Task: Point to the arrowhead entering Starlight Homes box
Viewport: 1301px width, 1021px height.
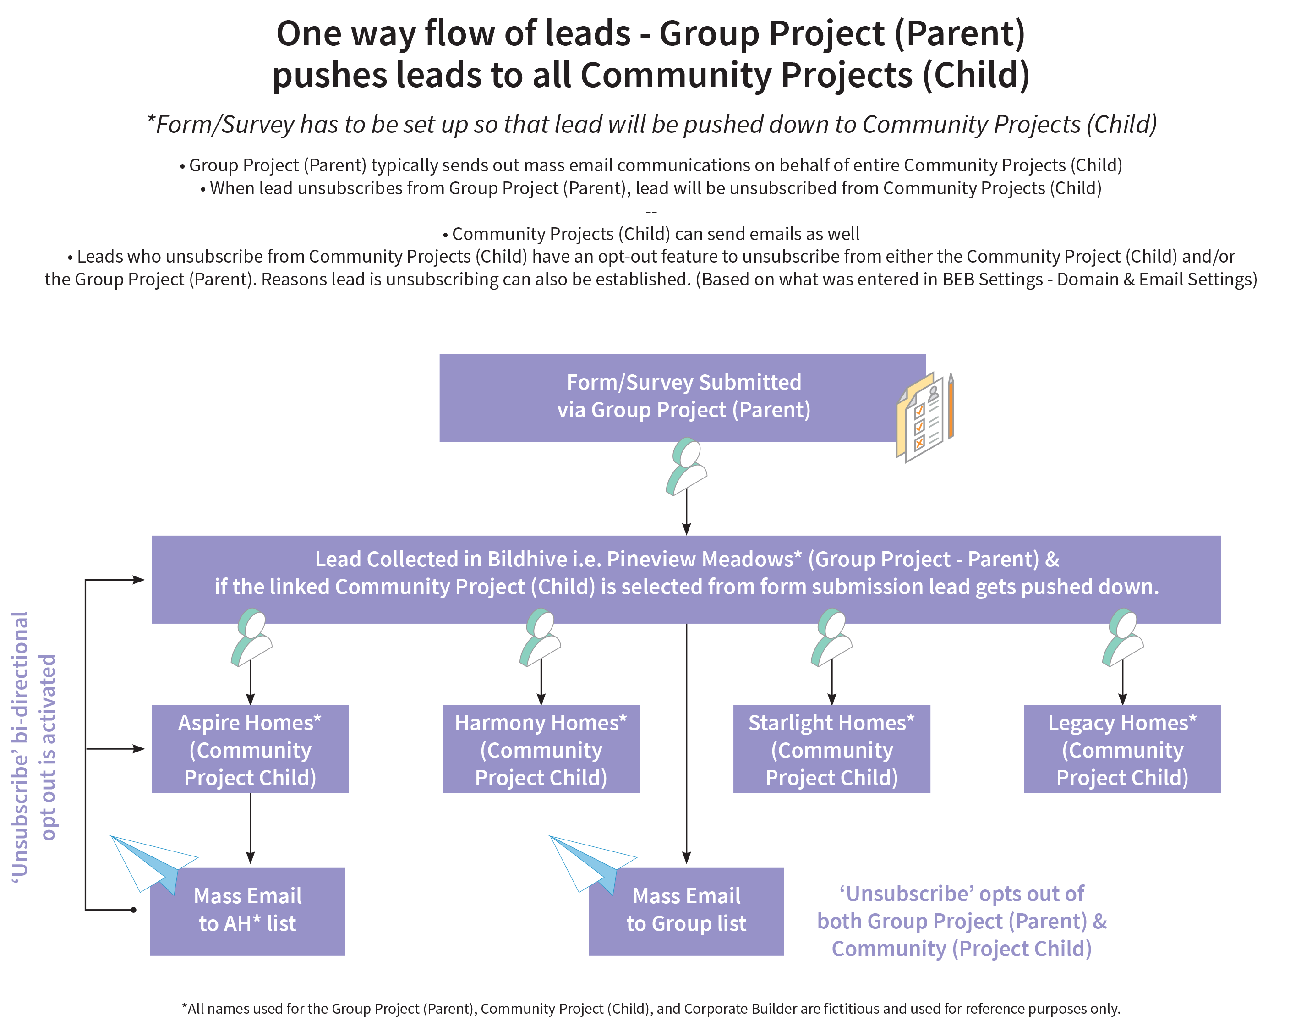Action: pos(831,699)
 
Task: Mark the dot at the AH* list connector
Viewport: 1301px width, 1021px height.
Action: pos(133,910)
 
